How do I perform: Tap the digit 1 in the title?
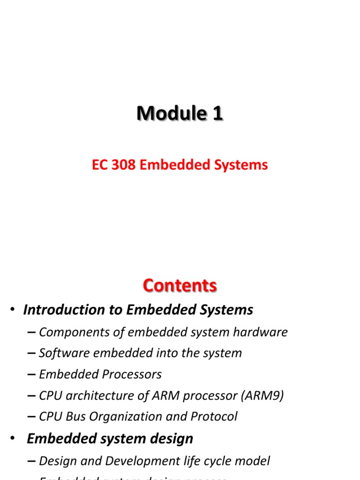217,113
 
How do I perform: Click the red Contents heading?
180,285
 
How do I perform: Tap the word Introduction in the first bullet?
64,310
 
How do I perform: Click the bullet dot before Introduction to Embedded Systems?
13,310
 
